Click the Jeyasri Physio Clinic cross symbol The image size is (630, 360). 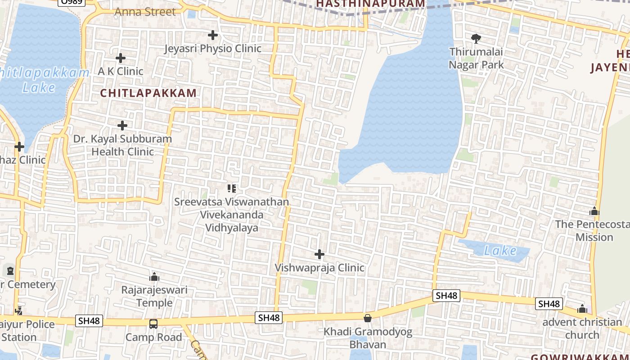[x=213, y=35]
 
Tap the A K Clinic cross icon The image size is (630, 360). [x=121, y=58]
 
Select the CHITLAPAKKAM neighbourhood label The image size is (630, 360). [x=148, y=93]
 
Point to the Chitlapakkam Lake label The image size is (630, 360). [x=43, y=80]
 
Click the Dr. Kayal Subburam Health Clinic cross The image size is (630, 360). [x=122, y=126]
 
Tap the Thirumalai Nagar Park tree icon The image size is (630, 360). [x=476, y=38]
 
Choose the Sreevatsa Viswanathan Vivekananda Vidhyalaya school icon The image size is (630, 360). [x=232, y=188]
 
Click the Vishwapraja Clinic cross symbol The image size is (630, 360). [x=319, y=255]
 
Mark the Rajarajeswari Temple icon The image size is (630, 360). [x=154, y=276]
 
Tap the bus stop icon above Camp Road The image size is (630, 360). [x=153, y=324]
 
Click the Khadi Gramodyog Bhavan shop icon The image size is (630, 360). [x=368, y=318]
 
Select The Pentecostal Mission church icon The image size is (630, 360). [x=594, y=211]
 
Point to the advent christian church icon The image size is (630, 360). [x=582, y=309]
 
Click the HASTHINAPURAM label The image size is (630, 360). [x=370, y=4]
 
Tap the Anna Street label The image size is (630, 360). [x=145, y=12]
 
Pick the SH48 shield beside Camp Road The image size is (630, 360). [x=90, y=321]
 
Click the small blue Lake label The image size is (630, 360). [x=500, y=251]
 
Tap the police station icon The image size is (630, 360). [x=19, y=310]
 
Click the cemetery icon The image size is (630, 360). [x=10, y=271]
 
